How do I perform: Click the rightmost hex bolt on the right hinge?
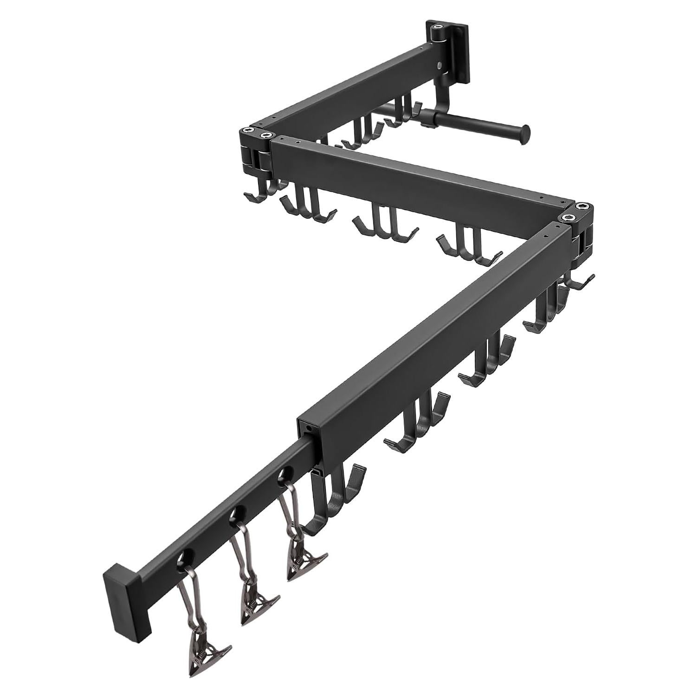coord(582,207)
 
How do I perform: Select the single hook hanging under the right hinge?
coord(580,281)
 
